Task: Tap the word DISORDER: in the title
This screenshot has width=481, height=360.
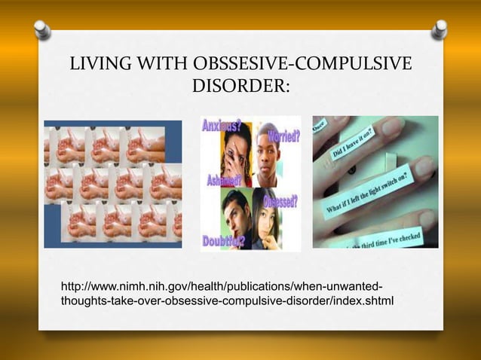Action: [240, 87]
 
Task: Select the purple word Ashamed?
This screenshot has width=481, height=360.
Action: [223, 181]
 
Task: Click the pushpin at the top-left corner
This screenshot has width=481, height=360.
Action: [42, 29]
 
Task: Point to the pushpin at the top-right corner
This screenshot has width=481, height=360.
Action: [439, 29]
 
